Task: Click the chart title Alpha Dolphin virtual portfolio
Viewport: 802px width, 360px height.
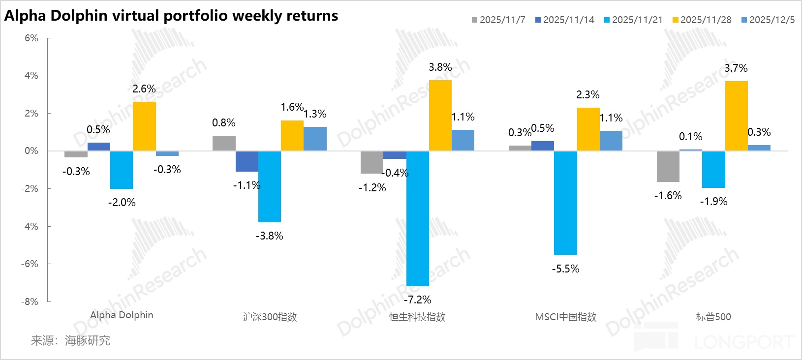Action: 171,16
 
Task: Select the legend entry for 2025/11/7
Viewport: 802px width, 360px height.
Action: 499,20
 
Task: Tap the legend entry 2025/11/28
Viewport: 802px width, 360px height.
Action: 702,20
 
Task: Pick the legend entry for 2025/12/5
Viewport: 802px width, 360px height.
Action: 768,20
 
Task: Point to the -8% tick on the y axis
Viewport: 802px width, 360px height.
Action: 31,301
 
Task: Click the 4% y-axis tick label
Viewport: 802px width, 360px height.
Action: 31,76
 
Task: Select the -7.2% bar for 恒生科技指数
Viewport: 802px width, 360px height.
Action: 417,218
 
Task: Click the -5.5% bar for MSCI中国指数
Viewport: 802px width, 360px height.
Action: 565,203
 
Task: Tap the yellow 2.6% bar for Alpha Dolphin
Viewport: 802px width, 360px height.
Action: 144,126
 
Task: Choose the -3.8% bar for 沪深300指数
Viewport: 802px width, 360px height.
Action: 270,186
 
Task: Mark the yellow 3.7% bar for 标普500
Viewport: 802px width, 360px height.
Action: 736,116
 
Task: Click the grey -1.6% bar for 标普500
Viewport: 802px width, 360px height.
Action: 668,166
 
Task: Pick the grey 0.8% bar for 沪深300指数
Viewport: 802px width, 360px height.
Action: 224,143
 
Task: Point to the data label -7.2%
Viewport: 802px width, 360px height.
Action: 417,300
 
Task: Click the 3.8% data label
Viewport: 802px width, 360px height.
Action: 440,67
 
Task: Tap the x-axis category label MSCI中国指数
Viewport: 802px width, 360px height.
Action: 565,317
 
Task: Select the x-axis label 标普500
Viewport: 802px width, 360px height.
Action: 713,317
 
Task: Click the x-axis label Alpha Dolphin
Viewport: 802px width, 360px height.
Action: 122,315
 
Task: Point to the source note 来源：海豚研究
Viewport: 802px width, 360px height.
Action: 71,340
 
